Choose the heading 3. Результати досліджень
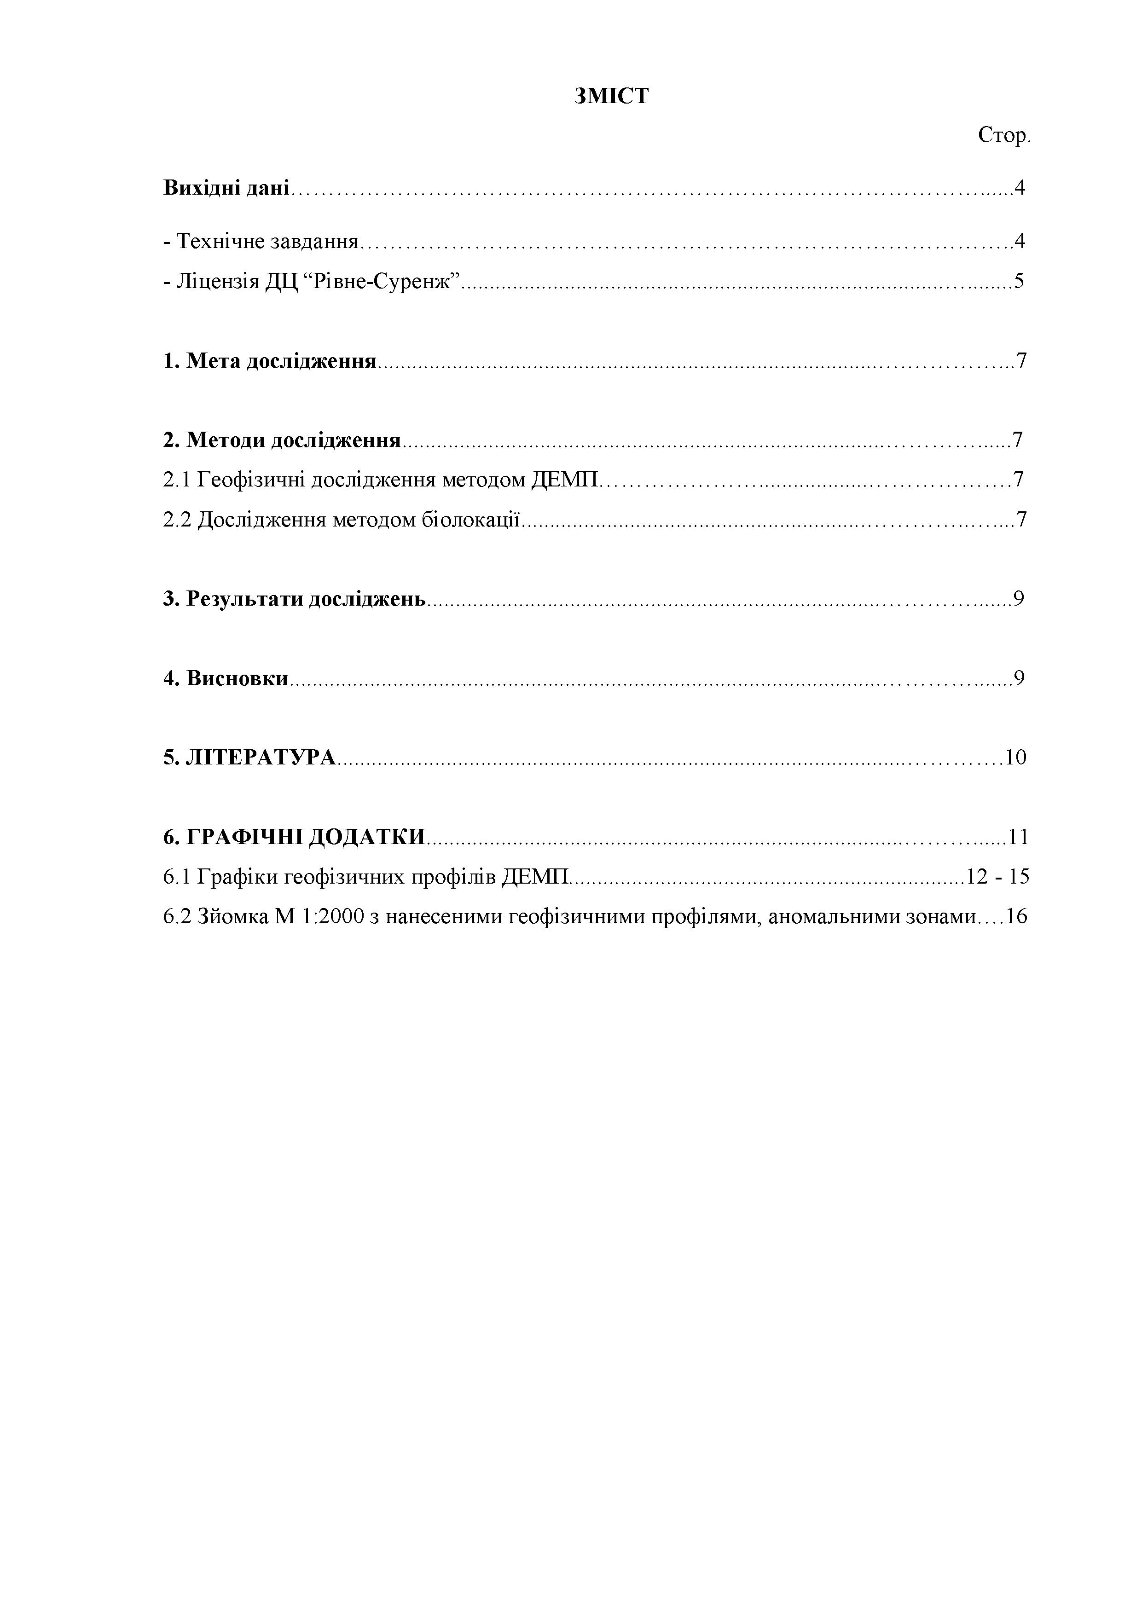tap(295, 599)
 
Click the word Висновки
tap(237, 678)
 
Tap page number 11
tap(1018, 837)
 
